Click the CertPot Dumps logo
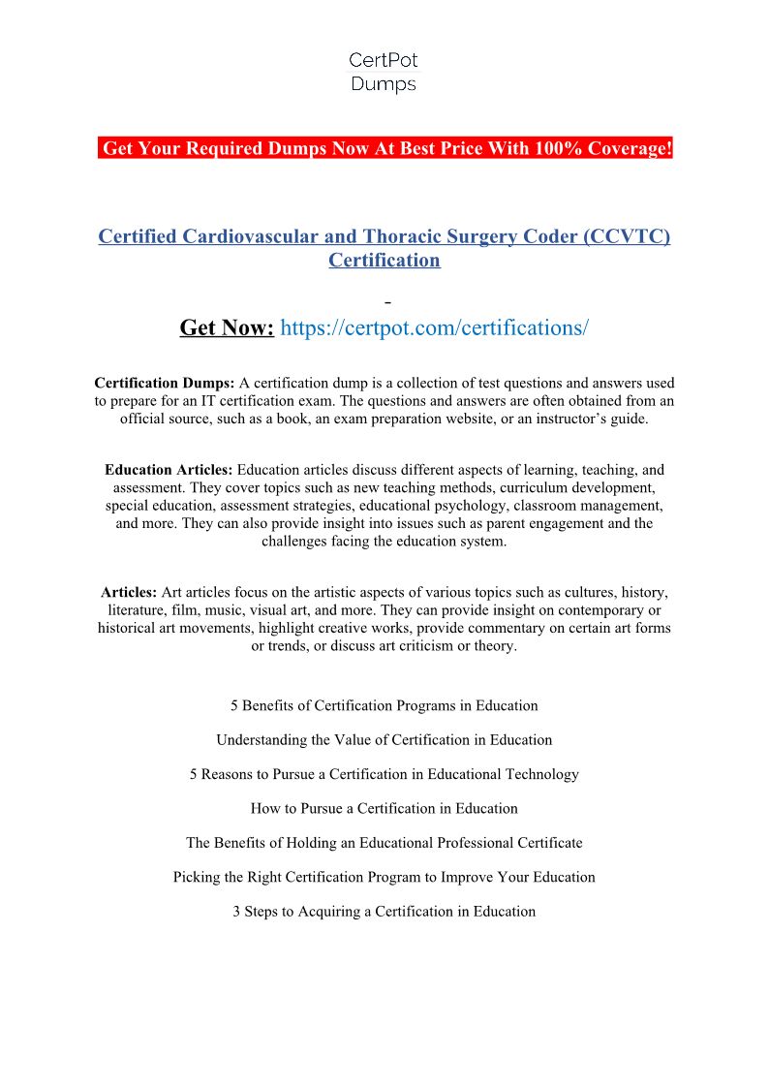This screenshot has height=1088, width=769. coord(383,73)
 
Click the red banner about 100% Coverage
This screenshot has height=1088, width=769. coord(384,148)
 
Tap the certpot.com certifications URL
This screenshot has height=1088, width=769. coord(434,327)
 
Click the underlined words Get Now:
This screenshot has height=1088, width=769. coord(227,327)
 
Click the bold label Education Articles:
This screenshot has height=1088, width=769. coord(169,470)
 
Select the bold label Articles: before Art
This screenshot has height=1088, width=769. coord(129,592)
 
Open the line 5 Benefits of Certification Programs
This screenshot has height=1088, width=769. coord(384,705)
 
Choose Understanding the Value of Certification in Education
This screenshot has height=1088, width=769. coord(384,739)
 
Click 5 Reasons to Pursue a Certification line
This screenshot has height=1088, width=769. coord(384,774)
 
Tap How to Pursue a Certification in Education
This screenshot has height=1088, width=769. coord(384,808)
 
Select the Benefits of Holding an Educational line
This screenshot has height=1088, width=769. coord(384,843)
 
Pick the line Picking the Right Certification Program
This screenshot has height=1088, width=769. coord(384,877)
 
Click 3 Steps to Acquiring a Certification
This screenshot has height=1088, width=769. coord(384,911)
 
